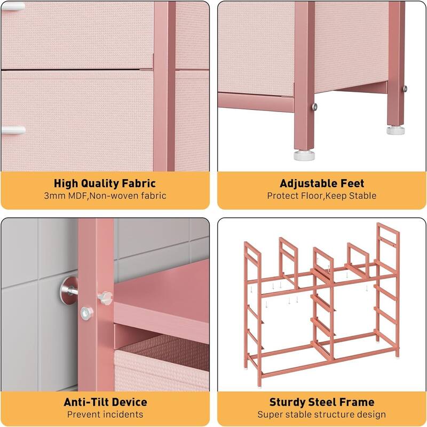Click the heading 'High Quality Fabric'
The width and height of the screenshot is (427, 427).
pos(105,184)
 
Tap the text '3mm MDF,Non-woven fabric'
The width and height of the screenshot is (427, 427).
pos(105,196)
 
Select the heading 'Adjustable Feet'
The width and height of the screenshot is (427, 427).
pos(322,183)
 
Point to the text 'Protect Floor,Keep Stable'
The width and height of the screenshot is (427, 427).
pos(322,196)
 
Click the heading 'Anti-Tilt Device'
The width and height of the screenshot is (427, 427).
pos(105,402)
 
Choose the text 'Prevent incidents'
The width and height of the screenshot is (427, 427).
pos(105,415)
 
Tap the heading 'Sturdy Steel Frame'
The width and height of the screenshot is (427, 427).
pos(322,402)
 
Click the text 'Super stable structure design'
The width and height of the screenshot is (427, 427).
pos(322,415)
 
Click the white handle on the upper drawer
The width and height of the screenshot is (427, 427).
pos(13,6)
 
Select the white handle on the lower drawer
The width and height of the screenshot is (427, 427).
pos(13,130)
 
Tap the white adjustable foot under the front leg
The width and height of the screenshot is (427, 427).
pos(304,155)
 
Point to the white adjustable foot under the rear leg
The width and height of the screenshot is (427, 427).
pos(396,130)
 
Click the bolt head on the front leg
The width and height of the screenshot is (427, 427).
pos(314,106)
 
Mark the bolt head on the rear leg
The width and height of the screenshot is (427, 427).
pos(405,89)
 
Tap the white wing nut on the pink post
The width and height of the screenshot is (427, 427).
pos(105,298)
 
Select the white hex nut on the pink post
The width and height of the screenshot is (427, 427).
pos(86,313)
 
